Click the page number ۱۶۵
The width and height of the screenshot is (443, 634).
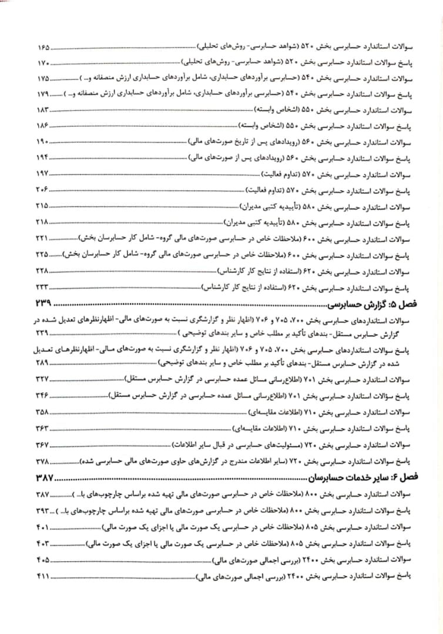[x=43, y=46]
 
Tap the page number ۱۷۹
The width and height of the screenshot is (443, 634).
[x=43, y=94]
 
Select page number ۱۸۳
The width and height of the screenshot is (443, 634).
[x=43, y=110]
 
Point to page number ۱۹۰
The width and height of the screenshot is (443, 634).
[x=43, y=141]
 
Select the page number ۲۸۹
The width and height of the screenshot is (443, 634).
[x=43, y=363]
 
